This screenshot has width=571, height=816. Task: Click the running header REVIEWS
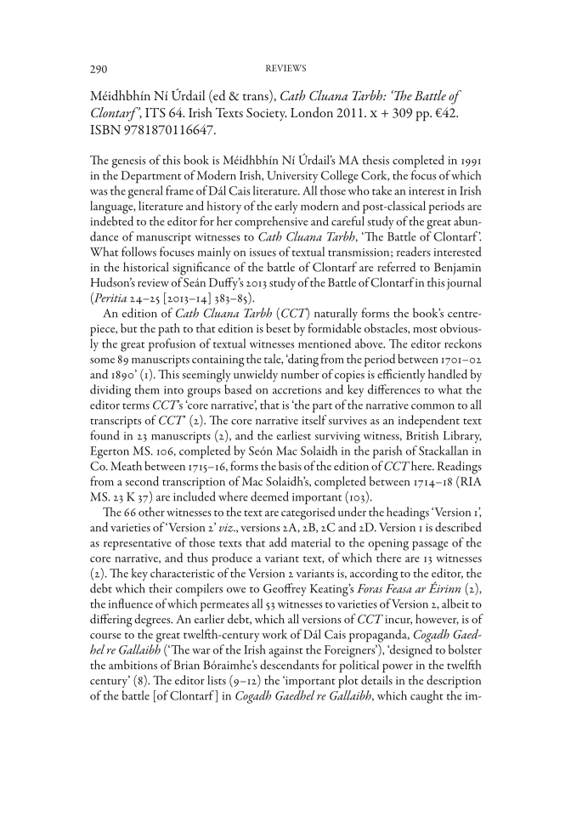pos(285,66)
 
